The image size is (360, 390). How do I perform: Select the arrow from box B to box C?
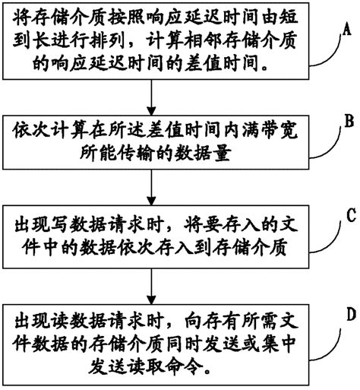click(x=154, y=186)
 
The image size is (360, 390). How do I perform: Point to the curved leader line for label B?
click(x=323, y=137)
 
